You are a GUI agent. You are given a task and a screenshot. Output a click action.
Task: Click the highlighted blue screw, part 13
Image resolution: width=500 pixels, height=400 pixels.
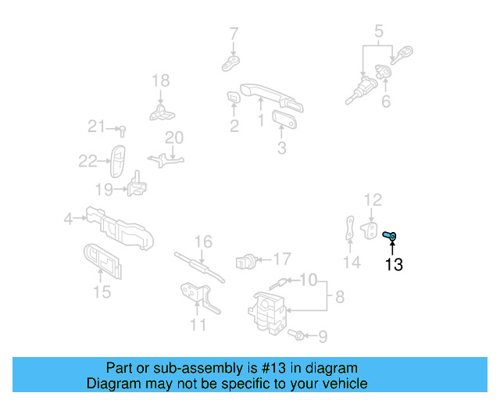point(391,235)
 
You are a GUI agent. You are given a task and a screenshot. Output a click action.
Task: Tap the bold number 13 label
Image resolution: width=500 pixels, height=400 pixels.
point(394,265)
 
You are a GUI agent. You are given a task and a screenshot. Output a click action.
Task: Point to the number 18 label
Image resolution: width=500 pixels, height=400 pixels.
point(160,80)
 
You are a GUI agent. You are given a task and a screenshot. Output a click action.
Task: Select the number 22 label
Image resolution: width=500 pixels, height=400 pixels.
point(87,162)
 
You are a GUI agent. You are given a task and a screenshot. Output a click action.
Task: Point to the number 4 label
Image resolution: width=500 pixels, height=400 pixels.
point(69,220)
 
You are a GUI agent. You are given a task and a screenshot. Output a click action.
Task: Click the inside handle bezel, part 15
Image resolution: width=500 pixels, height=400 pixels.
point(103,261)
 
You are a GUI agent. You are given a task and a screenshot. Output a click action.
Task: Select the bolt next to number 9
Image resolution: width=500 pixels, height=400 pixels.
point(295,335)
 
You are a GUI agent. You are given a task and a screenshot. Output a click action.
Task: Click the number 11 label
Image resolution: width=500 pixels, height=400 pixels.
point(198,324)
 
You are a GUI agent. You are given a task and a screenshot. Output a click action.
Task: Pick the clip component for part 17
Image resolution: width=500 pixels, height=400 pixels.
point(245,260)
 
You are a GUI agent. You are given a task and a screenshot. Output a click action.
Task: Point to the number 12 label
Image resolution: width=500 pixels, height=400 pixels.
point(373,200)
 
